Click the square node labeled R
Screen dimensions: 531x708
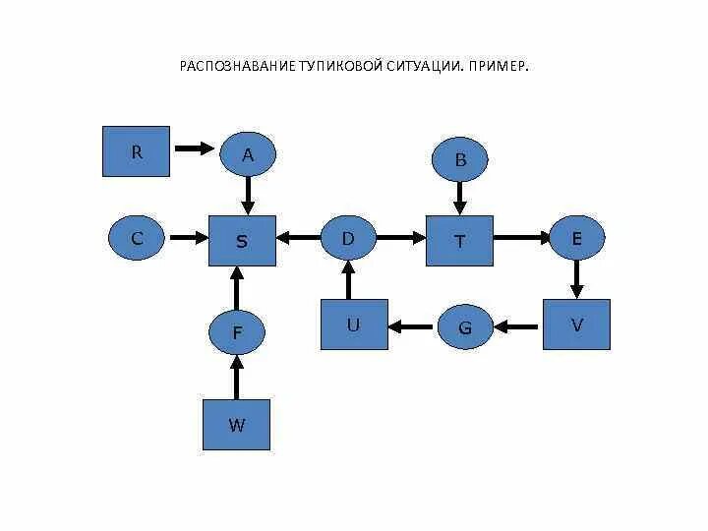point(137,151)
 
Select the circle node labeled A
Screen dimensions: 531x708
point(248,154)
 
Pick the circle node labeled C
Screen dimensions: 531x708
point(138,238)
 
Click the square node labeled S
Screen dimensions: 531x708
point(242,239)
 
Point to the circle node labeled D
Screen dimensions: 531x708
point(348,238)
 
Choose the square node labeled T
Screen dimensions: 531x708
point(459,240)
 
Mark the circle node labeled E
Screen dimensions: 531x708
point(577,238)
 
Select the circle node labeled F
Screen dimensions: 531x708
point(237,332)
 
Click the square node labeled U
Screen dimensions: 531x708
point(353,324)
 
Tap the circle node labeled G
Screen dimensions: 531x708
point(465,327)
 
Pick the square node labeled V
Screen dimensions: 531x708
point(577,324)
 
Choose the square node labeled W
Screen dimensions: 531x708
point(236,425)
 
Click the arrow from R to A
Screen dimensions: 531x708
point(194,149)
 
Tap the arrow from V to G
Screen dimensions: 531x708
point(518,325)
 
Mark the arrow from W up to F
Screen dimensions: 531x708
point(235,378)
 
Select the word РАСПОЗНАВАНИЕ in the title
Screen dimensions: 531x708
point(236,67)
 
